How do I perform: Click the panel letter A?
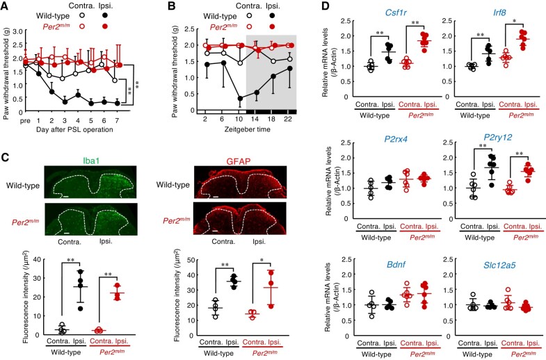click(x=6, y=7)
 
